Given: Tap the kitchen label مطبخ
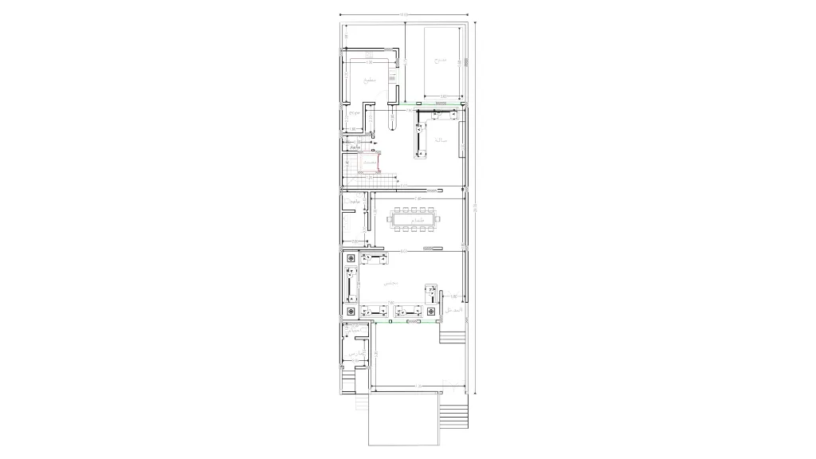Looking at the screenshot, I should pyautogui.click(x=368, y=80).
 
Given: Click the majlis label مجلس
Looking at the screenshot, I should pyautogui.click(x=390, y=284).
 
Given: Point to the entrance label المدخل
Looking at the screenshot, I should pyautogui.click(x=452, y=308).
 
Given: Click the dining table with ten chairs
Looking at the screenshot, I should pyautogui.click(x=413, y=219).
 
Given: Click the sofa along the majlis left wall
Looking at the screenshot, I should pyautogui.click(x=352, y=284).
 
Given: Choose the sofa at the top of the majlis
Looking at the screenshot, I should pyautogui.click(x=374, y=259).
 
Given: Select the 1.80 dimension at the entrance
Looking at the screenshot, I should pyautogui.click(x=453, y=296).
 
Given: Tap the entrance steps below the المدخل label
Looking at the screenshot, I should pyautogui.click(x=452, y=334).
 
